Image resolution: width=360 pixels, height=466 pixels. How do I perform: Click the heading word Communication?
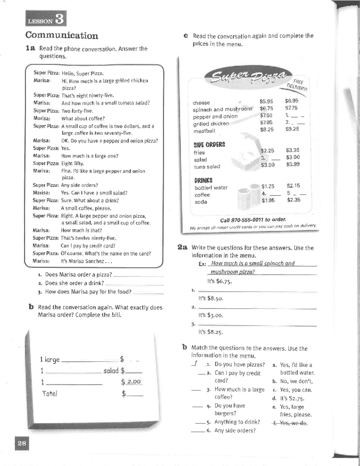(x=61, y=35)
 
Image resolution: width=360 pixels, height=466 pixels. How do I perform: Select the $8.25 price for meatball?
(x=267, y=130)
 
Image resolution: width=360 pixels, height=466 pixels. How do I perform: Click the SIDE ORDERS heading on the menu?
(x=209, y=145)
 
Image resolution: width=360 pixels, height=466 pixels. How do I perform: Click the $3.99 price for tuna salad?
(x=292, y=164)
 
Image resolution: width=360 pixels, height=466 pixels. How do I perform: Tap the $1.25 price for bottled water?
(x=268, y=186)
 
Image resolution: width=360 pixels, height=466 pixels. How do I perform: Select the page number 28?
(x=22, y=443)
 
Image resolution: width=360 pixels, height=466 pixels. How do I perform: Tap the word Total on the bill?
(x=49, y=394)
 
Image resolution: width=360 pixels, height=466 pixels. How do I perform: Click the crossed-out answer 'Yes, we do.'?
(x=290, y=423)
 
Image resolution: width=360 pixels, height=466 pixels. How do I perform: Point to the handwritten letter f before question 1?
(x=195, y=364)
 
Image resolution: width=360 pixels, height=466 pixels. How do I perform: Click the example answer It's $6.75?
(x=219, y=281)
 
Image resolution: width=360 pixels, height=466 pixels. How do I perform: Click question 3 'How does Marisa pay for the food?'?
(x=88, y=292)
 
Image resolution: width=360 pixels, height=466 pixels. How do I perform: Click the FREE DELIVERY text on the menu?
(x=298, y=84)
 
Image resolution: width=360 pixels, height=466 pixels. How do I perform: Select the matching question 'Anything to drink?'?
(x=237, y=422)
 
